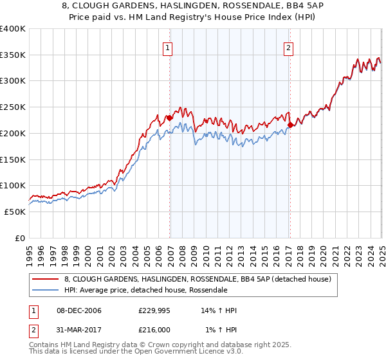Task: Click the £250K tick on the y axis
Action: point(12,107)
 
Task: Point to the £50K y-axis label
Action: point(14,212)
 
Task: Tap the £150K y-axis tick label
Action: point(12,159)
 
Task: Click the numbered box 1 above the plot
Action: point(167,47)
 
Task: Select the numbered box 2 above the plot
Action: point(288,47)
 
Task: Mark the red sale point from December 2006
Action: point(169,118)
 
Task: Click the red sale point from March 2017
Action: point(290,125)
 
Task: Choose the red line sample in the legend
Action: point(45,279)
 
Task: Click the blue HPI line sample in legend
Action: point(45,290)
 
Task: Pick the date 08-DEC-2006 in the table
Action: point(78,310)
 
